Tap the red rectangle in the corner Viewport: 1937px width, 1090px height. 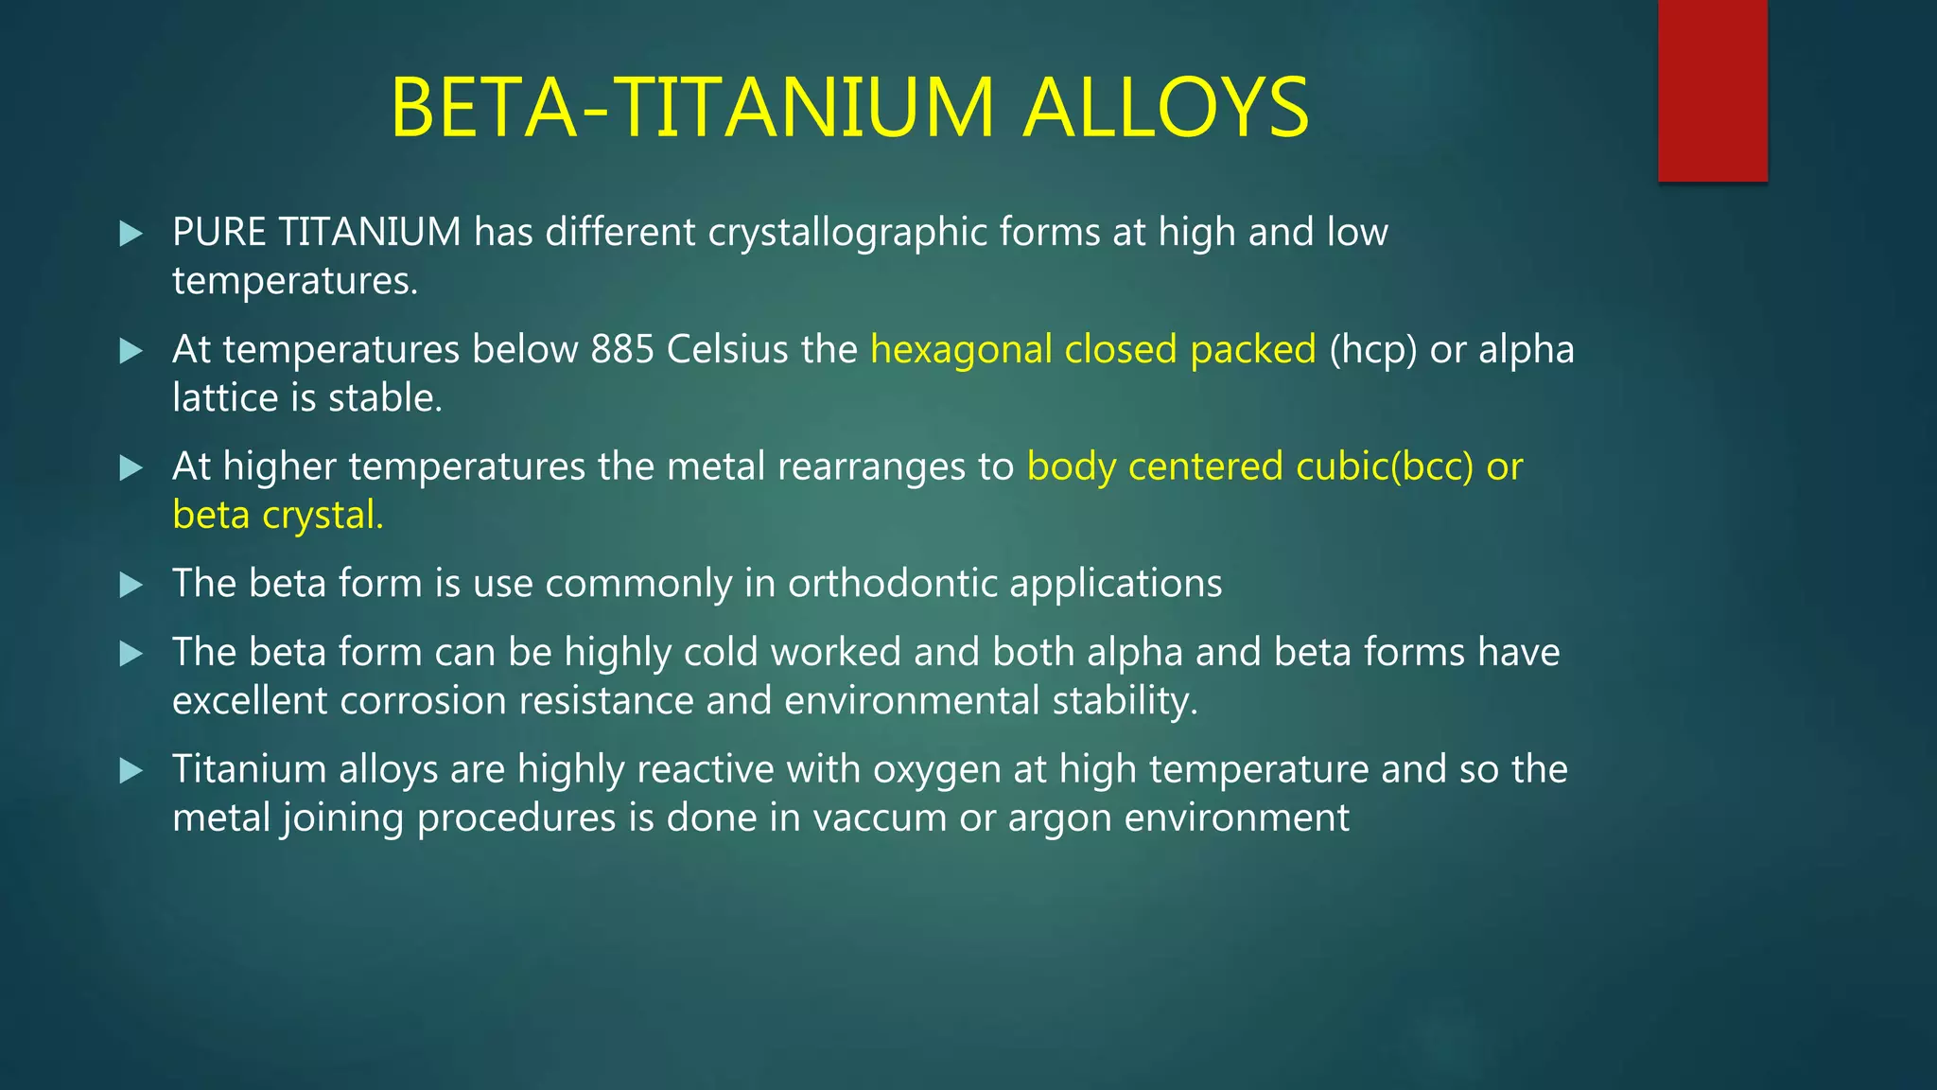1712,90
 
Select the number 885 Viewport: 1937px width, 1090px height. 622,349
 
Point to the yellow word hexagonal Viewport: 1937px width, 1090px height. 961,349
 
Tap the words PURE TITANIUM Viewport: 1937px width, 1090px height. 317,232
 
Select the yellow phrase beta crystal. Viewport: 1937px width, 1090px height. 278,515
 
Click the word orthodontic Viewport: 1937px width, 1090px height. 892,583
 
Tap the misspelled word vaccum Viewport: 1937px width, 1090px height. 879,817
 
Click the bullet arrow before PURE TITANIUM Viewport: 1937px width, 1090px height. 131,233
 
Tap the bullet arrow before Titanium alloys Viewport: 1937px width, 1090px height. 131,770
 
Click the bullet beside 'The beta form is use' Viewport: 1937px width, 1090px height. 131,585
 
